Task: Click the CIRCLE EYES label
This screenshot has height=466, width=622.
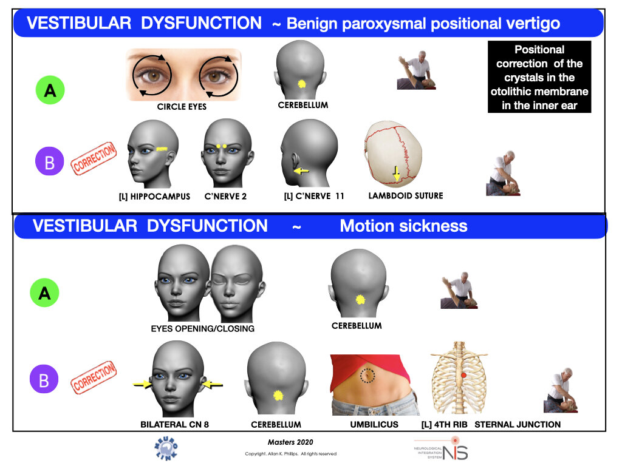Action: [x=182, y=107]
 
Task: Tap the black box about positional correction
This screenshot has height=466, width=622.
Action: [x=539, y=77]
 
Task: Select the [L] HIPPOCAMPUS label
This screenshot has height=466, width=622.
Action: [x=154, y=197]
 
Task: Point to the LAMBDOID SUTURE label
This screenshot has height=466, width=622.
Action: [x=406, y=196]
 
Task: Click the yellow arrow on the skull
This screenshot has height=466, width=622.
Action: [x=396, y=174]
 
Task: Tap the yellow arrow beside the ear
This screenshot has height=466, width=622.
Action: [x=301, y=172]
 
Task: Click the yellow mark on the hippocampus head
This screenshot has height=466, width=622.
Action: [x=162, y=148]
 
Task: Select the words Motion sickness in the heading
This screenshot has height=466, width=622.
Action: [x=403, y=226]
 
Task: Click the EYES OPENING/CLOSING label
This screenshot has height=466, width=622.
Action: [x=203, y=329]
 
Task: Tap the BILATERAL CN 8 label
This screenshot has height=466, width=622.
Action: [x=174, y=425]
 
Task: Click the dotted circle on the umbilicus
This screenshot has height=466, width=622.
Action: [x=367, y=376]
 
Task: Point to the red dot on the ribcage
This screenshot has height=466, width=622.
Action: [x=463, y=376]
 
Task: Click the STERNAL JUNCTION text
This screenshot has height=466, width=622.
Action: [x=518, y=425]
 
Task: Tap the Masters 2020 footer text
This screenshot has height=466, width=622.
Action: [x=290, y=442]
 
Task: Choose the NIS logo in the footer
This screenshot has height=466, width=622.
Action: [x=442, y=449]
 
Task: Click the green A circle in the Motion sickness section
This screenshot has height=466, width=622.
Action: [x=45, y=293]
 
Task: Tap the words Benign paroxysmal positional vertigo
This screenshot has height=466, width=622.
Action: [x=423, y=24]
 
